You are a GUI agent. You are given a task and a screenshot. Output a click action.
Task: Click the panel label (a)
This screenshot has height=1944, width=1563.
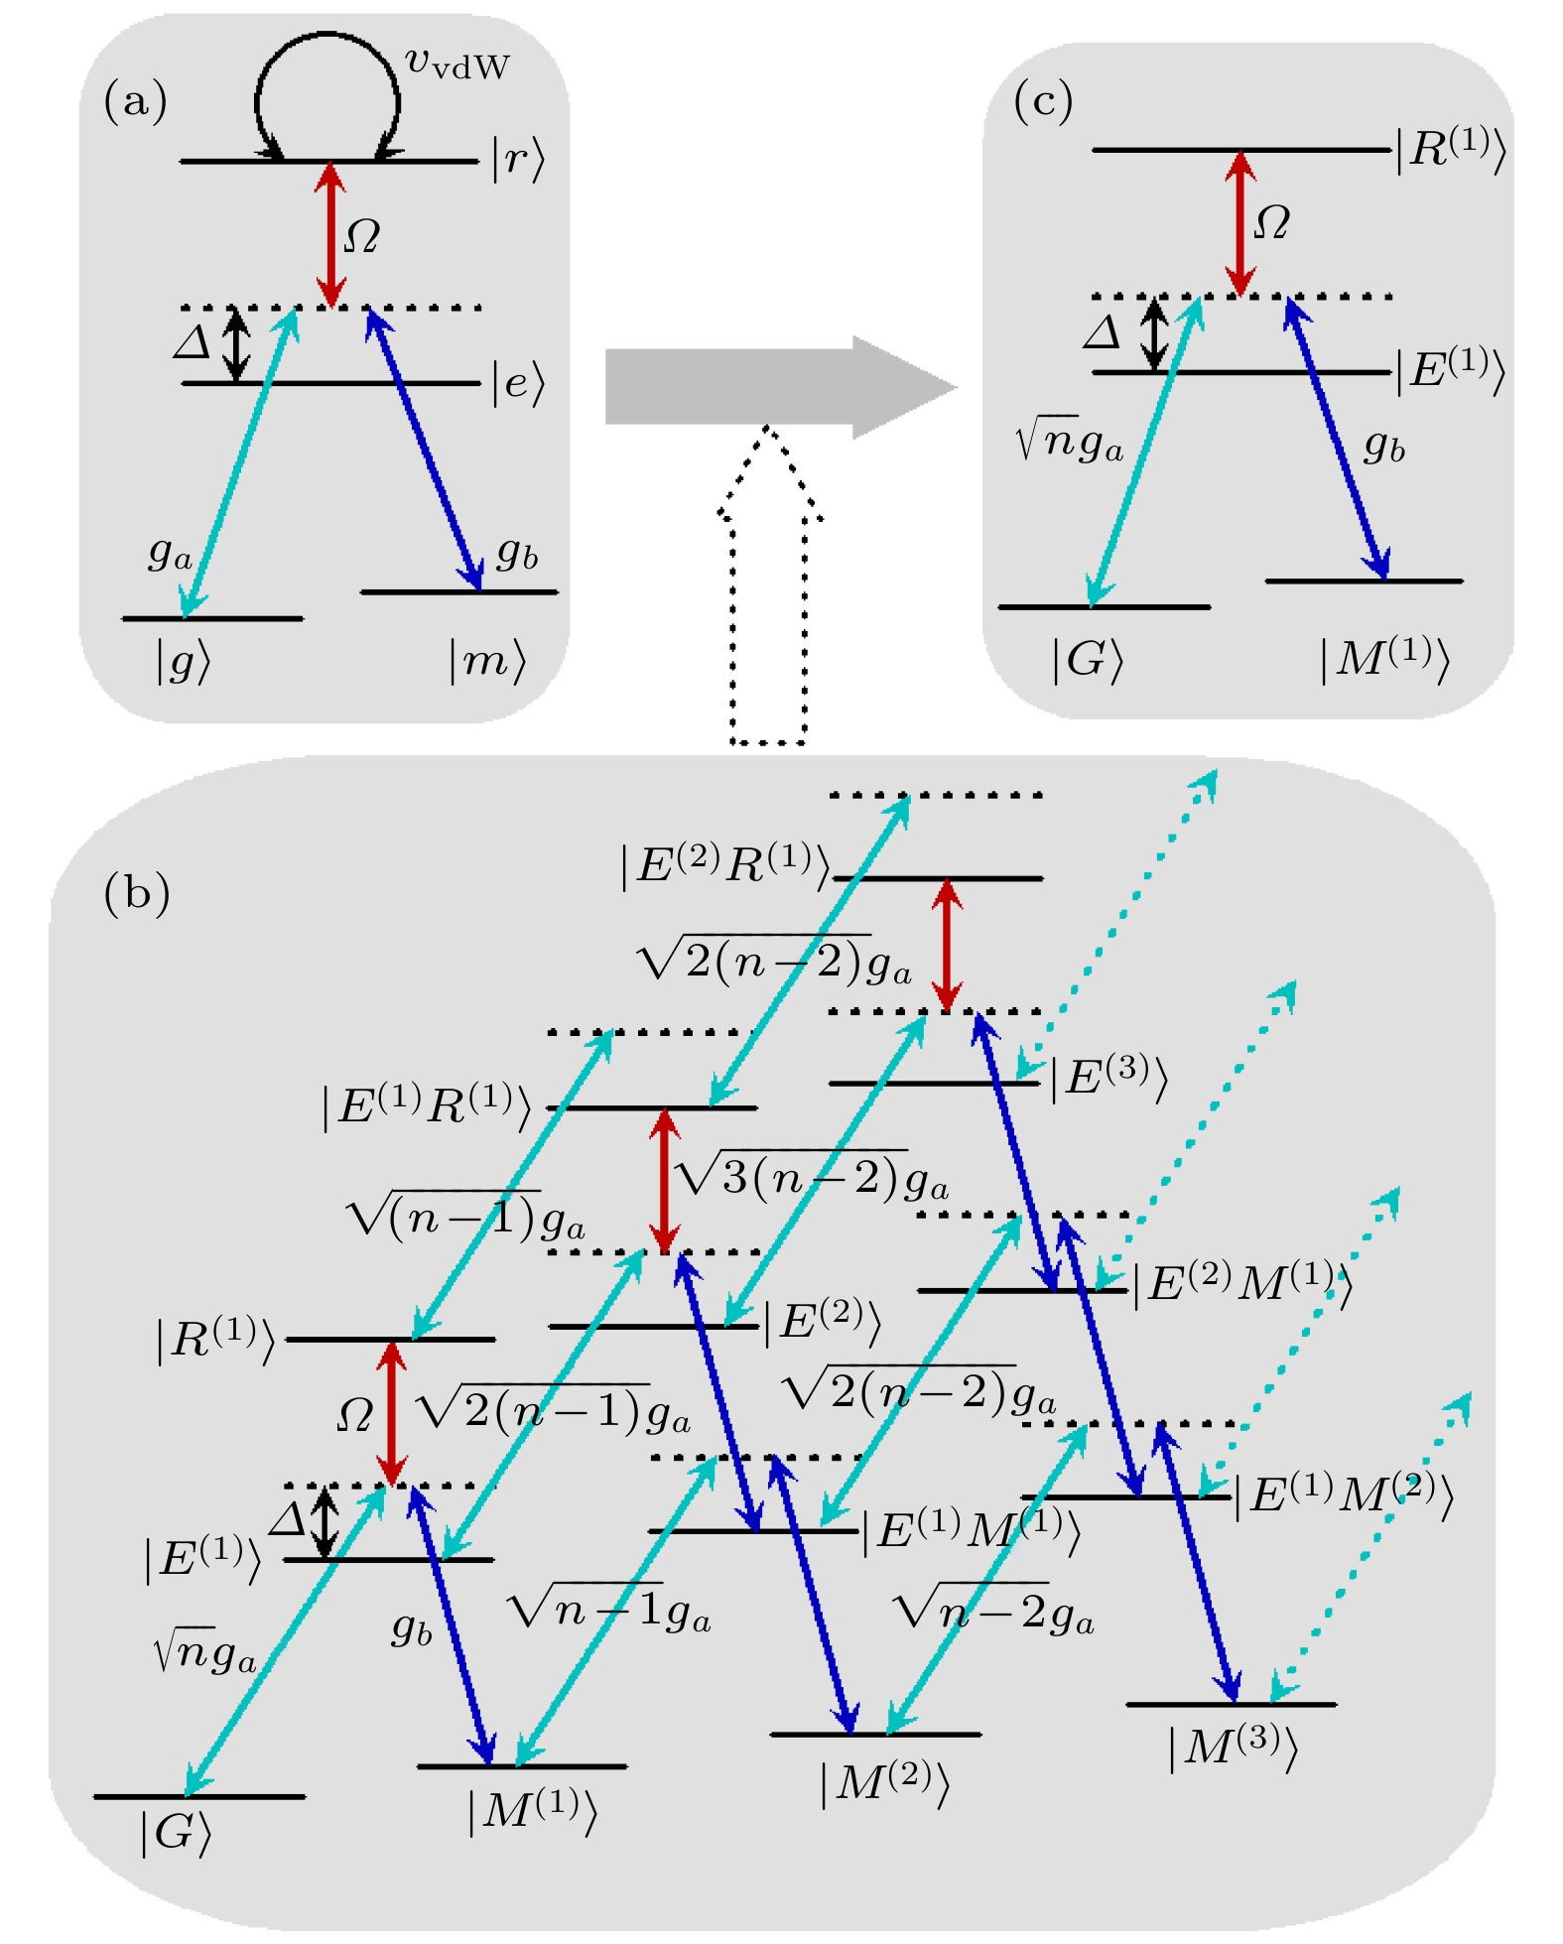pos(135,102)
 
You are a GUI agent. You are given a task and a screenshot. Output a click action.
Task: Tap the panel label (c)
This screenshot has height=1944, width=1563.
pos(1043,102)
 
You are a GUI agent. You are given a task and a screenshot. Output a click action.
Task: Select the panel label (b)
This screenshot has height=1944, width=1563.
pos(137,893)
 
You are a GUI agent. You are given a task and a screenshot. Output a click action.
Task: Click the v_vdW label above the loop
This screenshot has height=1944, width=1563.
pos(457,64)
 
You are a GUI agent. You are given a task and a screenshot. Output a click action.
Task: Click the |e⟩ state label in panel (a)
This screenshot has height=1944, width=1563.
pos(518,383)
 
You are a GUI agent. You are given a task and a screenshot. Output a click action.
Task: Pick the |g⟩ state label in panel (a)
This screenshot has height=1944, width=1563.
pos(184,661)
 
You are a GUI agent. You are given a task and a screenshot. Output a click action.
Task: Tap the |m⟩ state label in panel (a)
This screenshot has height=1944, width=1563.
pos(486,661)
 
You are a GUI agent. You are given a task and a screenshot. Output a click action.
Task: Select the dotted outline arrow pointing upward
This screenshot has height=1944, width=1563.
pos(769,585)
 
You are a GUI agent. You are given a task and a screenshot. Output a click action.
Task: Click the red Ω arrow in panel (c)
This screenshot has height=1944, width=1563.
pos(1238,223)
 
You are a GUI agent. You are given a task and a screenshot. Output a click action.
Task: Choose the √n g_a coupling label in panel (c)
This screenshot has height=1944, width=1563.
pos(1070,442)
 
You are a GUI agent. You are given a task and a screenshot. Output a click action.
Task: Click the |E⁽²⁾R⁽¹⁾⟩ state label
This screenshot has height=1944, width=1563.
pos(724,865)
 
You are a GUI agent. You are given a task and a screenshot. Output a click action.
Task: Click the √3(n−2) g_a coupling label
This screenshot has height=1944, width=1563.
pos(810,1177)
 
